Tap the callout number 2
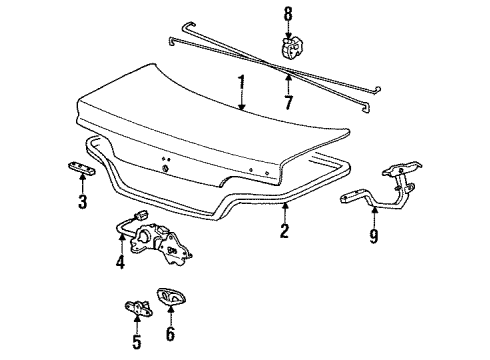click(284, 232)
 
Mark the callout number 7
click(287, 102)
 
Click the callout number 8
click(287, 14)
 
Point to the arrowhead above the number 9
click(374, 213)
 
